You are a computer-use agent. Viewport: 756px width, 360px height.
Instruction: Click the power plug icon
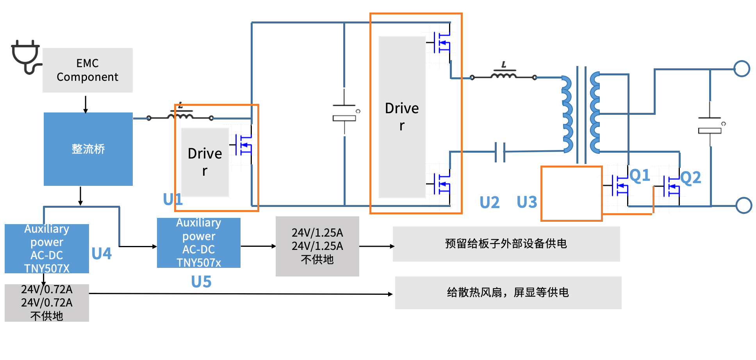[x=26, y=57]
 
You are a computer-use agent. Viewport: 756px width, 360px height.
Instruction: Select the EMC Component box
[x=87, y=70]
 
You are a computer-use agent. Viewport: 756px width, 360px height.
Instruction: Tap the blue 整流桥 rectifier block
[x=88, y=149]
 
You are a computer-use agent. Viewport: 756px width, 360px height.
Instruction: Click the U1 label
[x=173, y=200]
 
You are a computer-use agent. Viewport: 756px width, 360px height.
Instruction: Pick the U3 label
[x=527, y=202]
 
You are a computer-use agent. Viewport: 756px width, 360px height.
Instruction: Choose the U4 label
[x=102, y=254]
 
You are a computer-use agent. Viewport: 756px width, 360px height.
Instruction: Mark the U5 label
[x=201, y=282]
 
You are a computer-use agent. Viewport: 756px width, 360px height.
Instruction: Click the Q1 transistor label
[x=640, y=176]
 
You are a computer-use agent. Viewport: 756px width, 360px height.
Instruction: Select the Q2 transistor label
[x=690, y=178]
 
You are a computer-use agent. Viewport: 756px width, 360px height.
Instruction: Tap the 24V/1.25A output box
[x=317, y=246]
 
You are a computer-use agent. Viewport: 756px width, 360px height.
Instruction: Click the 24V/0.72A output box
[x=47, y=303]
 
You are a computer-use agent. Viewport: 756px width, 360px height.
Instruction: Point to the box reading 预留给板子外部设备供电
[x=506, y=244]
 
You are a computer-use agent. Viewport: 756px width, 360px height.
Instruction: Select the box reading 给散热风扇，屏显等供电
[x=508, y=293]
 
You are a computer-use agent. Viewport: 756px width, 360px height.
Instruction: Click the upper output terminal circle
[x=742, y=69]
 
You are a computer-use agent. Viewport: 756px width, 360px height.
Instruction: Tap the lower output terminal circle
[x=744, y=205]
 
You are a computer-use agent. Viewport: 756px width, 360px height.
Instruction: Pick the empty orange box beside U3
[x=571, y=194]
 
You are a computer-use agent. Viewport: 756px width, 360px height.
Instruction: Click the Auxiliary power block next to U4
[x=47, y=249]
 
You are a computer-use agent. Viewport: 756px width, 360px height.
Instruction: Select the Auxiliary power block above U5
[x=199, y=243]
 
